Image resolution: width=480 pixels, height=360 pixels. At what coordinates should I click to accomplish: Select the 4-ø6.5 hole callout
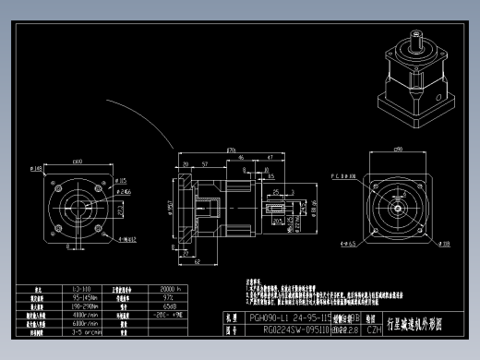click(x=349, y=244)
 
